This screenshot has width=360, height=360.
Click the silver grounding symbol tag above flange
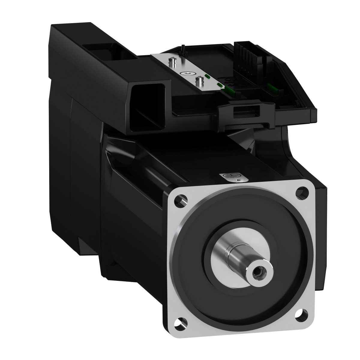(x=234, y=177)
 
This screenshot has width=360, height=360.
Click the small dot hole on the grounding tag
(x=237, y=180)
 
